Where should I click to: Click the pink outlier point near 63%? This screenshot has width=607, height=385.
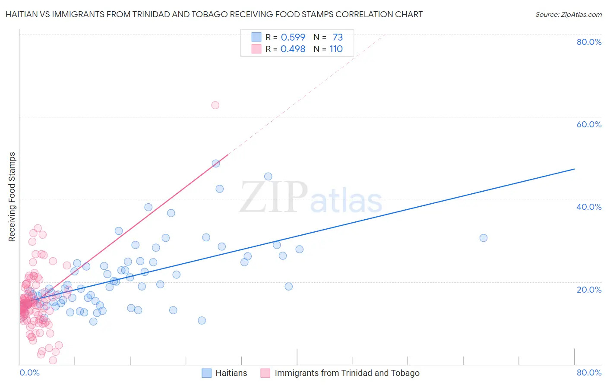click(x=215, y=105)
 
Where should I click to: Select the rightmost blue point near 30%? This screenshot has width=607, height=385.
click(x=484, y=238)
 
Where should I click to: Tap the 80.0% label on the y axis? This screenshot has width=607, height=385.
click(x=589, y=42)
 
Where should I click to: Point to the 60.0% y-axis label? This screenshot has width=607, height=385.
click(x=589, y=124)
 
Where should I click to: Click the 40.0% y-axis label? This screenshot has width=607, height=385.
click(x=589, y=207)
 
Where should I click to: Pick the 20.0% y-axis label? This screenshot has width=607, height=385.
click(x=589, y=289)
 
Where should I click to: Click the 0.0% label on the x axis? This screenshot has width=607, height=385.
click(x=29, y=372)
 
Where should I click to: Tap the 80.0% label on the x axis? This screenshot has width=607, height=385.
click(x=589, y=372)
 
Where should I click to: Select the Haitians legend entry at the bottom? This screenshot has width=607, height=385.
click(x=231, y=373)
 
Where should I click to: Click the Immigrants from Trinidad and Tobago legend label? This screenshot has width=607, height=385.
click(x=347, y=373)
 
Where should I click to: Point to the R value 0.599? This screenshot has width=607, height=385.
click(x=293, y=38)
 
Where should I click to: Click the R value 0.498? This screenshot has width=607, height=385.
click(x=293, y=49)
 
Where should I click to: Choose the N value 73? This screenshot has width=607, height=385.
click(x=337, y=38)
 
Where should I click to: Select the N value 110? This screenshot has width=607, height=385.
click(x=336, y=49)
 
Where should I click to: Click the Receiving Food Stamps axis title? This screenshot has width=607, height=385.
click(x=12, y=197)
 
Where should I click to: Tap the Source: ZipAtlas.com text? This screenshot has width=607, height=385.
click(x=568, y=14)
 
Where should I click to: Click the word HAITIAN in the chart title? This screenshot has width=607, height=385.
click(x=22, y=14)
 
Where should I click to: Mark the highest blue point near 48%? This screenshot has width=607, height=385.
click(x=216, y=164)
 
